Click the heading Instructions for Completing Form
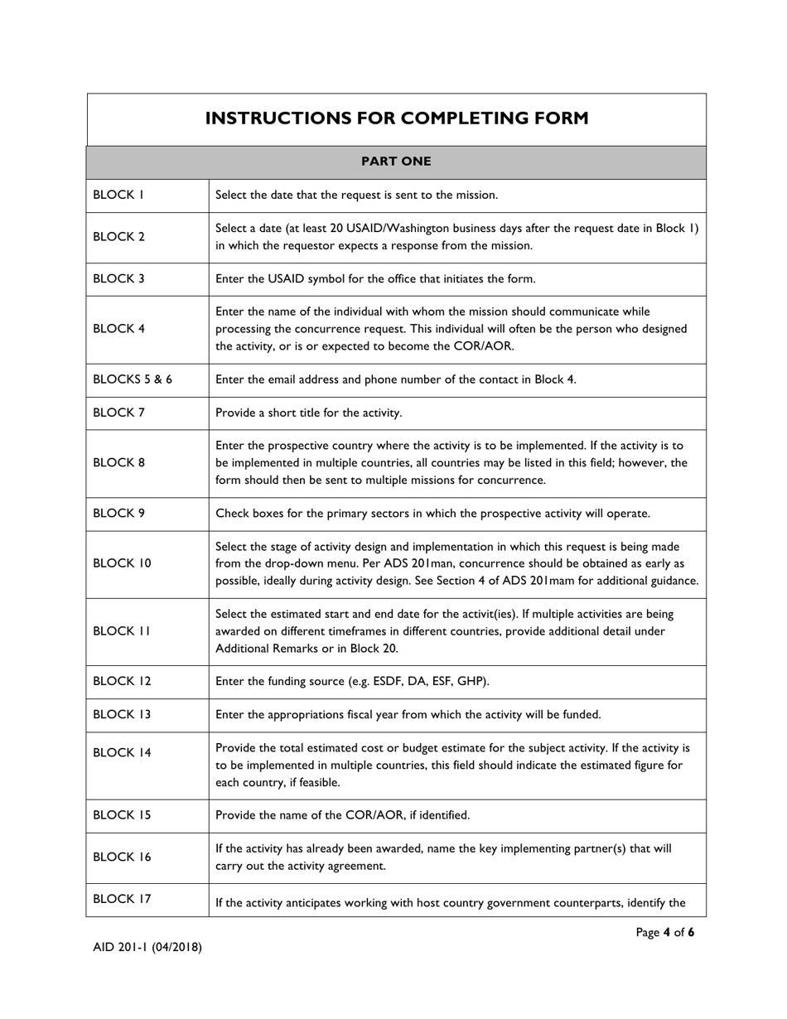pyautogui.click(x=397, y=118)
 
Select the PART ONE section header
pyautogui.click(x=396, y=162)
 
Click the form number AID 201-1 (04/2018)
pyautogui.click(x=147, y=947)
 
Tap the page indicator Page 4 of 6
pyautogui.click(x=664, y=933)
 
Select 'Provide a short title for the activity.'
pyautogui.click(x=309, y=413)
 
